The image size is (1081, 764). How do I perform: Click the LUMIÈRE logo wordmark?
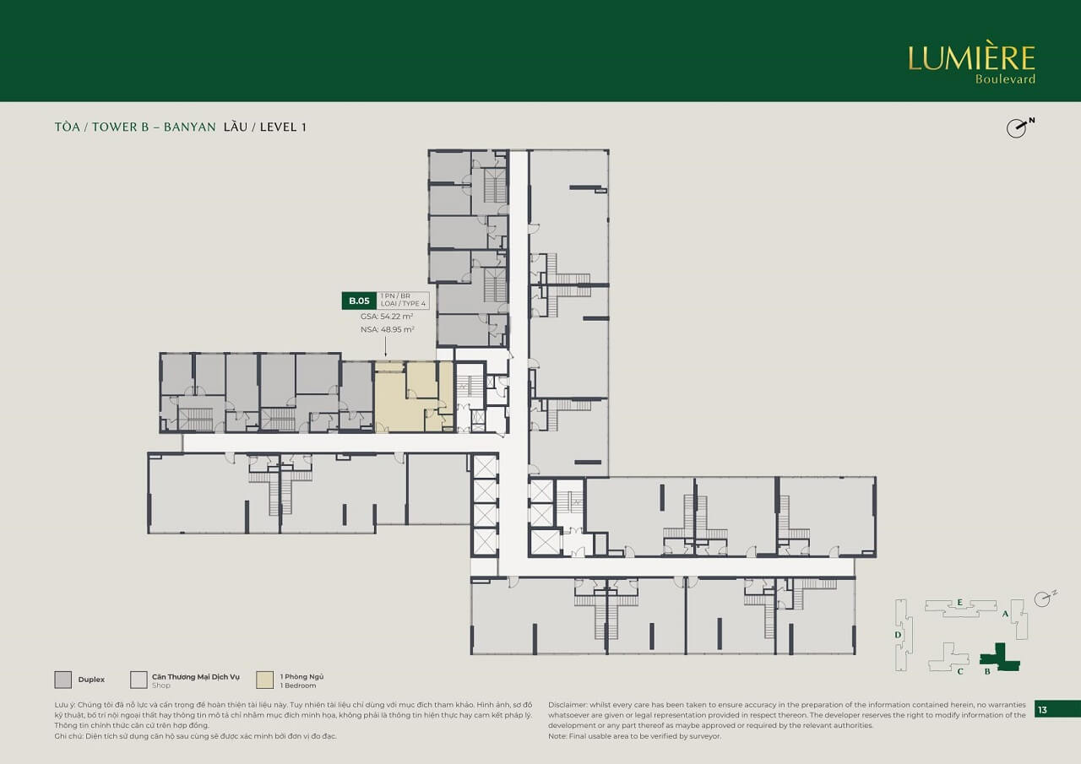(971, 58)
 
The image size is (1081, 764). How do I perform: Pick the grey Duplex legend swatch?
(62, 680)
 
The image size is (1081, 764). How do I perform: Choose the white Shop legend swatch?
(139, 680)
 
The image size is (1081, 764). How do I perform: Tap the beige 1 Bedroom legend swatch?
(265, 680)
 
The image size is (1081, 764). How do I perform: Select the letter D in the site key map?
(899, 635)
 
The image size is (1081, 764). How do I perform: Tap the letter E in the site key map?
(960, 602)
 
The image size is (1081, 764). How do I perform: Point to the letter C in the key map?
(960, 672)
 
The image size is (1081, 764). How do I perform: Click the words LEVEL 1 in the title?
(283, 127)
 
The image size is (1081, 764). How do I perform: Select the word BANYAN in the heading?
(191, 127)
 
